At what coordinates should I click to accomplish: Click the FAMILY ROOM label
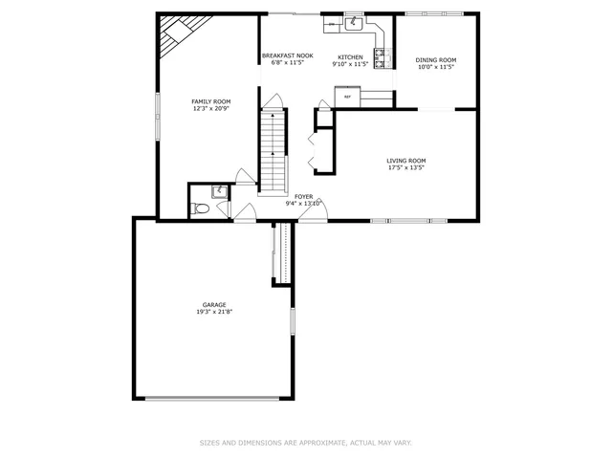click(x=210, y=101)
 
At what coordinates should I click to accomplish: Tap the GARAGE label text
click(x=213, y=304)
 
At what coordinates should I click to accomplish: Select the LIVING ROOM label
click(x=406, y=161)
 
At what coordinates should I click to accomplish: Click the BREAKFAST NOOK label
click(x=288, y=56)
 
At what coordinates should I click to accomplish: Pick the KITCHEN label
click(x=350, y=57)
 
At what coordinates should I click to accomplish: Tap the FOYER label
click(x=303, y=196)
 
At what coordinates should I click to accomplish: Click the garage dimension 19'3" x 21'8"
click(x=213, y=312)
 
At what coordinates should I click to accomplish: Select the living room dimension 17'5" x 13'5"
click(x=406, y=168)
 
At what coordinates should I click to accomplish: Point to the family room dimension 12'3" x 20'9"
click(x=210, y=109)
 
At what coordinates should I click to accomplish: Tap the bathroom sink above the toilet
click(x=220, y=190)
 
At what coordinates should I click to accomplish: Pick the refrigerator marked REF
click(x=346, y=97)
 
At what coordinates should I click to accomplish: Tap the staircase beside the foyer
click(x=273, y=149)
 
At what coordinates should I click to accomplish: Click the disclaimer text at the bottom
click(x=305, y=443)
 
